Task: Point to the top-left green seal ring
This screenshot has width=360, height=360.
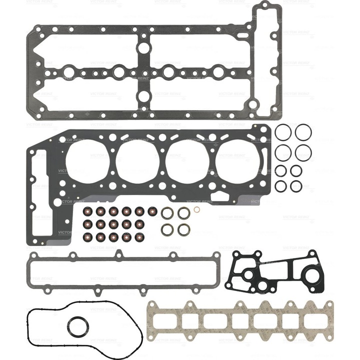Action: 166,213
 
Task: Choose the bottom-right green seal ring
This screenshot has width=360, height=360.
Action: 183,229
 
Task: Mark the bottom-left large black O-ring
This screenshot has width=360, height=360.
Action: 283,151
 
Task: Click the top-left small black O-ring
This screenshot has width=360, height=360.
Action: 281,170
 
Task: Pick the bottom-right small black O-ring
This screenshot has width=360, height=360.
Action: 296,186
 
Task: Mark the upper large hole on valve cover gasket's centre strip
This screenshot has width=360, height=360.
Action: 143,48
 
